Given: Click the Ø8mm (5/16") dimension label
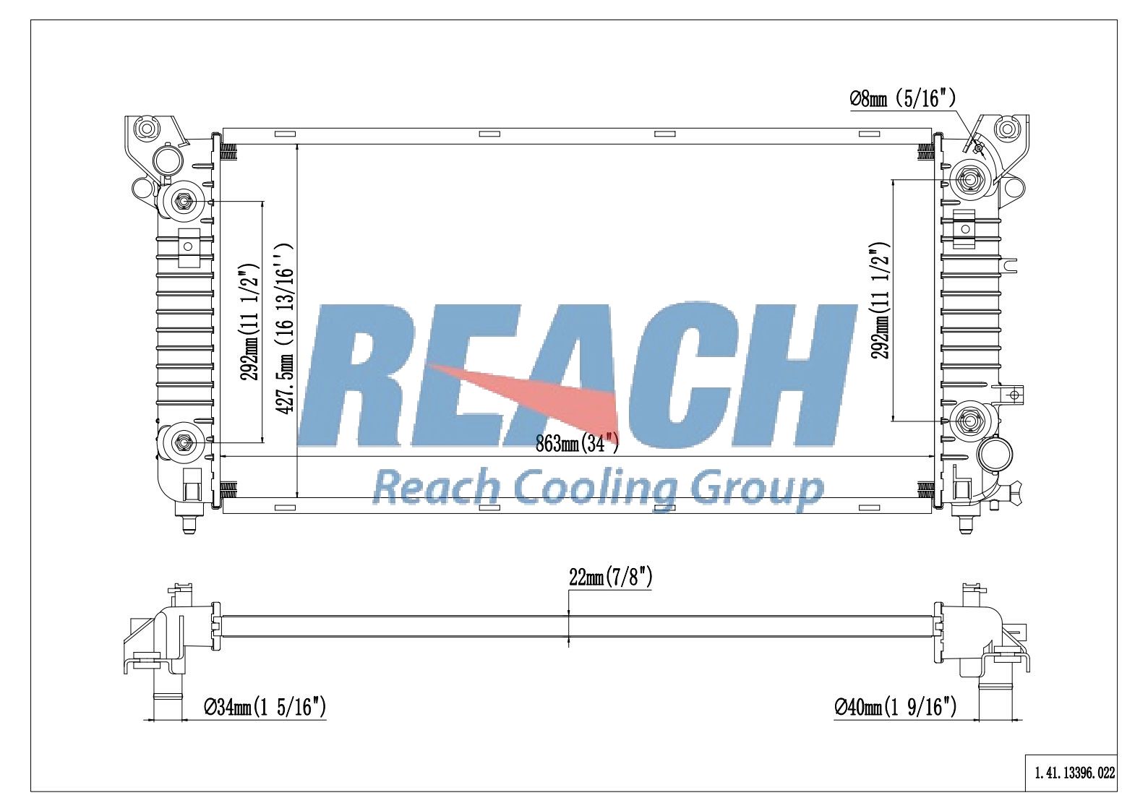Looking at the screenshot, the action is [902, 98].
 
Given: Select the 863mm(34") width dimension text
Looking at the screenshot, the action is [577, 443].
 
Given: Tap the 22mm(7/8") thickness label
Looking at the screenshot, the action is [610, 578].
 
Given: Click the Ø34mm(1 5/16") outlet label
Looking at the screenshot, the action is [265, 708].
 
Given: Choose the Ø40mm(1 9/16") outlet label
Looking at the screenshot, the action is [895, 708].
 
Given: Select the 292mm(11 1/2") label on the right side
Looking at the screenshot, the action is [881, 301].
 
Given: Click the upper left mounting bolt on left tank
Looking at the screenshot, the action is [182, 202].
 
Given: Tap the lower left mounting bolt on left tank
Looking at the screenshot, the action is [182, 441].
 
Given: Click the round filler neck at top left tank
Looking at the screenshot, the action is [168, 160].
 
